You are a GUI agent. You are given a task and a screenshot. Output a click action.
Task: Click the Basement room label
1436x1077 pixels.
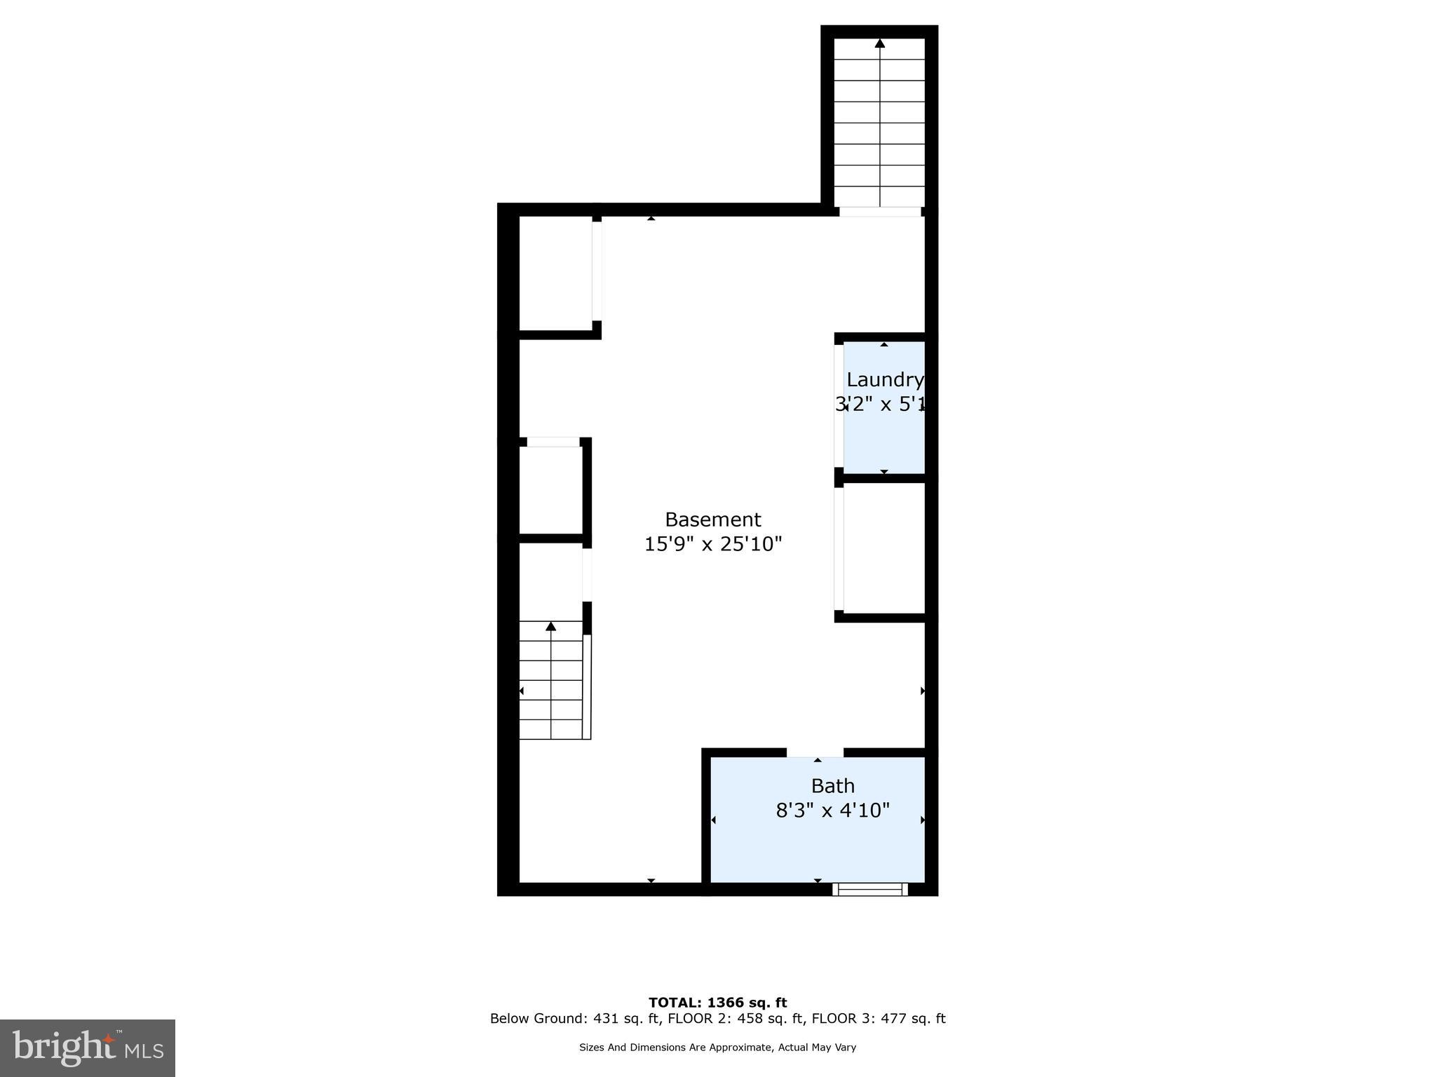click(x=712, y=520)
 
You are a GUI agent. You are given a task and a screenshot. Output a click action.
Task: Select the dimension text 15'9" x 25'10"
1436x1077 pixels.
click(x=712, y=544)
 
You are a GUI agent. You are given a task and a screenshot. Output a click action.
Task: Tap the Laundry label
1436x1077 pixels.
click(x=884, y=380)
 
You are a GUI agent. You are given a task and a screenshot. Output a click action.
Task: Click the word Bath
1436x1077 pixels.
click(x=832, y=785)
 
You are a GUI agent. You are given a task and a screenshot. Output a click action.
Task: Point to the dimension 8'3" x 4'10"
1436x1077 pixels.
click(x=832, y=811)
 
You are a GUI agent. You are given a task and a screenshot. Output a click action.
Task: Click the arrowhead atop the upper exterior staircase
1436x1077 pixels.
click(x=879, y=43)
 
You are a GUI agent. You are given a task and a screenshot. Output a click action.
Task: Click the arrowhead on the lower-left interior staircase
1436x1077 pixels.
click(x=551, y=626)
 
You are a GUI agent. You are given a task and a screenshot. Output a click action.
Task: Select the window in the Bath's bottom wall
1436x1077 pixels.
click(x=870, y=889)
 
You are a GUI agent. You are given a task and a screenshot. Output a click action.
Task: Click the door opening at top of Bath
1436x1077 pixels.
click(x=814, y=752)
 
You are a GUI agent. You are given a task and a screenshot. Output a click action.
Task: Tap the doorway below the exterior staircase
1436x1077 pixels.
click(x=880, y=211)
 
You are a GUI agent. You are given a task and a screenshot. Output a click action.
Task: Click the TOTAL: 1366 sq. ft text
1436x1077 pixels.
click(x=717, y=1003)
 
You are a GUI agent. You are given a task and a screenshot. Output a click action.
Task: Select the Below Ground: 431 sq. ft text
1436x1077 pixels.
click(x=574, y=1019)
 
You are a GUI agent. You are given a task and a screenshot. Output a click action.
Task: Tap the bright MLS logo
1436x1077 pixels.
click(x=88, y=1048)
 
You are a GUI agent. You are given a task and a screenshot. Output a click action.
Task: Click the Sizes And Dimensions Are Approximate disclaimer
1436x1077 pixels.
click(x=717, y=1048)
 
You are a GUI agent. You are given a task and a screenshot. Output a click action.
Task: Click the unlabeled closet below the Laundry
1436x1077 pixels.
click(x=884, y=548)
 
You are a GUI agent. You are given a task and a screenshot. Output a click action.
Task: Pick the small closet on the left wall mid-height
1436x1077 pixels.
click(x=551, y=490)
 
